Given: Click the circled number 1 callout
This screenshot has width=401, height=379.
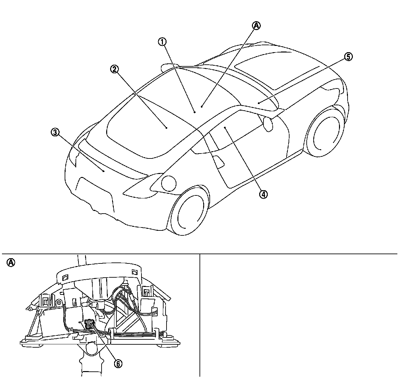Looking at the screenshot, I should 162,42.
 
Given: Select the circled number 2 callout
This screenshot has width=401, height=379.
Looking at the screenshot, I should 114,69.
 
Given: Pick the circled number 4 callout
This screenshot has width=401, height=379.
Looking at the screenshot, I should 263,194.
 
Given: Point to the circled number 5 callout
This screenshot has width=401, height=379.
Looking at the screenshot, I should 348,57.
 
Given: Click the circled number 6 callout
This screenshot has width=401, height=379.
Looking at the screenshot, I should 118,363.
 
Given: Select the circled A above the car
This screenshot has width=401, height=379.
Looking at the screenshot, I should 256,25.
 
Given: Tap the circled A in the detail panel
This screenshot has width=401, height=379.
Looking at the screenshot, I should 11,263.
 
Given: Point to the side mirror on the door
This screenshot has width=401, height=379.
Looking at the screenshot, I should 268,123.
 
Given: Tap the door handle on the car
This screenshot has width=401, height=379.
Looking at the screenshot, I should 219,162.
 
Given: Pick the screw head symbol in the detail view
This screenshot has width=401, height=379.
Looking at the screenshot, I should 59,302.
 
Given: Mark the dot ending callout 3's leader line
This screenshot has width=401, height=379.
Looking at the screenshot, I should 104,171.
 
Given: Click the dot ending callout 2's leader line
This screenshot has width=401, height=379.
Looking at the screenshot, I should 167,127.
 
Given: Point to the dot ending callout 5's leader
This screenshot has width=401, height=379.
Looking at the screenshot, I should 259,103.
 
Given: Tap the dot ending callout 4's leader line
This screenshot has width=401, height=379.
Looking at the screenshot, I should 225,127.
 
